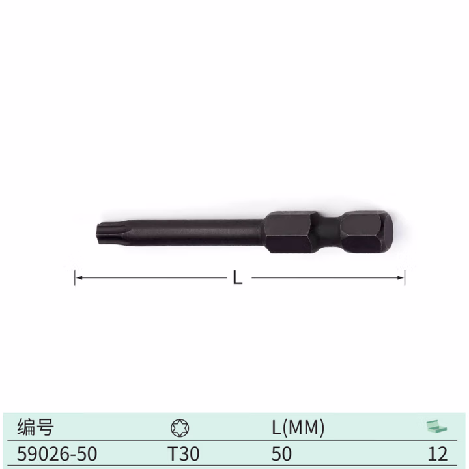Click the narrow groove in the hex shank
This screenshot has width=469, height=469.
pos(329,233)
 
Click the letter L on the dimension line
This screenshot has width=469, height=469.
pos(238,278)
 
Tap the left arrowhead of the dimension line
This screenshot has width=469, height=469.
pos(79,277)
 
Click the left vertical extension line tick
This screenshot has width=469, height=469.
pos(75,277)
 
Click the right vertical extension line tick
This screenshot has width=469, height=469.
pos(405,277)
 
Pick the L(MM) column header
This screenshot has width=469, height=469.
pos(298,427)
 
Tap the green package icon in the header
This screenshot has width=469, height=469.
pos(437,427)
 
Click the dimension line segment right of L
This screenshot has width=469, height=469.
pos(326,277)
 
